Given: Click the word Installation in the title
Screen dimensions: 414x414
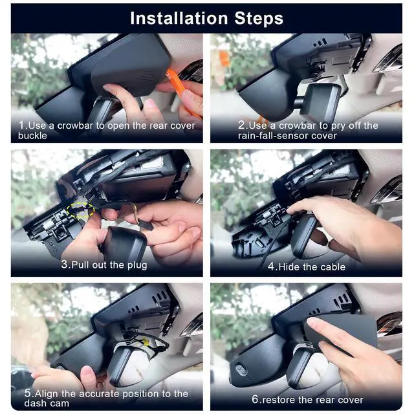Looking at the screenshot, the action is [x=179, y=18].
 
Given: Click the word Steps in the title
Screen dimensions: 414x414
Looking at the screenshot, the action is [x=259, y=18].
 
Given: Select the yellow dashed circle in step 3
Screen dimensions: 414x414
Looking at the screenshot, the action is [x=80, y=210].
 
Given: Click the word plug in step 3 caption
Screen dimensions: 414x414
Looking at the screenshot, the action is [x=137, y=265].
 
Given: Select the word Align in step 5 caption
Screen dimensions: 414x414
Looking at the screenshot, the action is [x=46, y=393].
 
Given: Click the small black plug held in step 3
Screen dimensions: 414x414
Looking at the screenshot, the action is [x=146, y=224].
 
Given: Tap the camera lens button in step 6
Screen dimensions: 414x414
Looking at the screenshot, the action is [x=241, y=369].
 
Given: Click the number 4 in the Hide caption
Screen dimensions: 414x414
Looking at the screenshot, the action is [x=271, y=267].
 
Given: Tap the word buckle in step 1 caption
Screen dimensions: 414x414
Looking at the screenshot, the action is [x=32, y=136].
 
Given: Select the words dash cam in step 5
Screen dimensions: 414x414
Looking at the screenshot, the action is [x=47, y=404].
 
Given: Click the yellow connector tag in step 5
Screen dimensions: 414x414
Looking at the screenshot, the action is [x=146, y=342].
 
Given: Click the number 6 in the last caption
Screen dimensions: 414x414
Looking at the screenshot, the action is [x=255, y=399].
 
